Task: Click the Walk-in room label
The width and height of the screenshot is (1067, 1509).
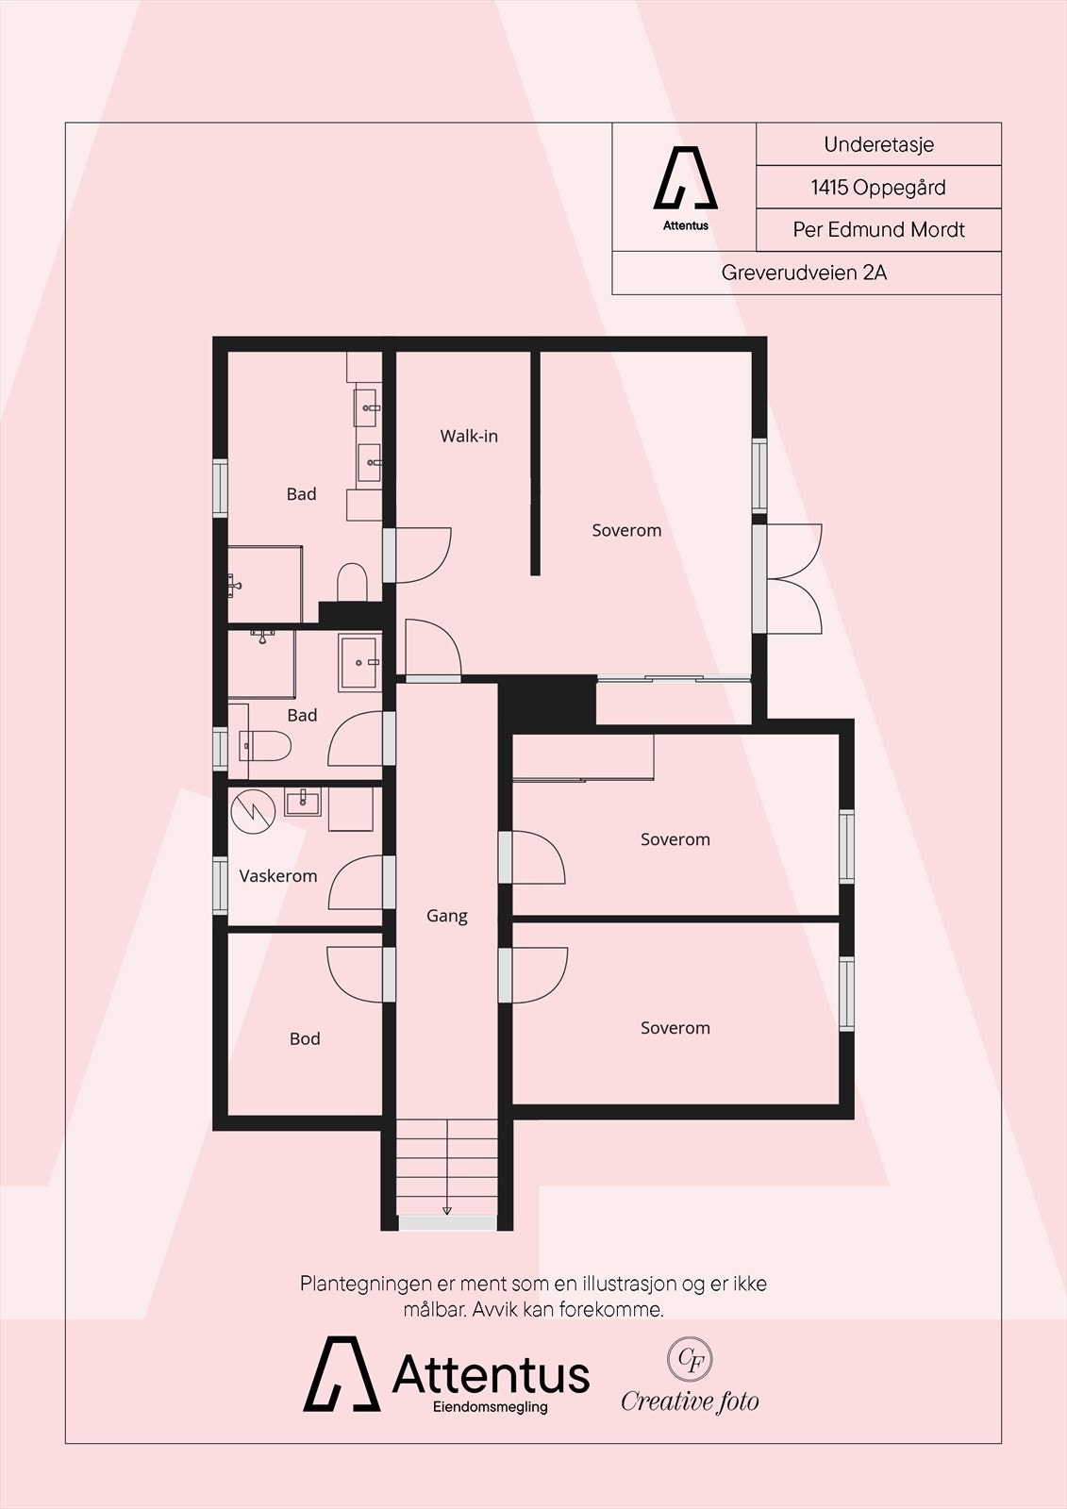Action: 469,436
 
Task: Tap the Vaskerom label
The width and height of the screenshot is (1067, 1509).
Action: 277,876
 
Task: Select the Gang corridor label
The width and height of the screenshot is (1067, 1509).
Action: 446,916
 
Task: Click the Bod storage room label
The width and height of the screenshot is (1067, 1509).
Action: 305,1038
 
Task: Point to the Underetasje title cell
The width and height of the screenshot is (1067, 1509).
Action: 878,144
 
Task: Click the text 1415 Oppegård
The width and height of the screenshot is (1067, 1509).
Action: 878,187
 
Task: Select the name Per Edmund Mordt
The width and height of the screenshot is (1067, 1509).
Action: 878,229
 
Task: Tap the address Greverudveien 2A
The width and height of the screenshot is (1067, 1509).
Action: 804,273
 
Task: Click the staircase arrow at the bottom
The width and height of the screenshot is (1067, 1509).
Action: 446,1209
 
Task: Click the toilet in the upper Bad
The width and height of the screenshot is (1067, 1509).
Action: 352,582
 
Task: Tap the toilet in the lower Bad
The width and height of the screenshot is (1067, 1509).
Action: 266,745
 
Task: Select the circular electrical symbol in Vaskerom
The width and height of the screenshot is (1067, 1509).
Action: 253,810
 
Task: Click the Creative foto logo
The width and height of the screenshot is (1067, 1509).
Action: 690,1378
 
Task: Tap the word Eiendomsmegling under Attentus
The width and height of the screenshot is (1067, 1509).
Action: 490,1407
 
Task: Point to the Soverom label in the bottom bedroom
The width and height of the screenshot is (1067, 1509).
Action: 675,1028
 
